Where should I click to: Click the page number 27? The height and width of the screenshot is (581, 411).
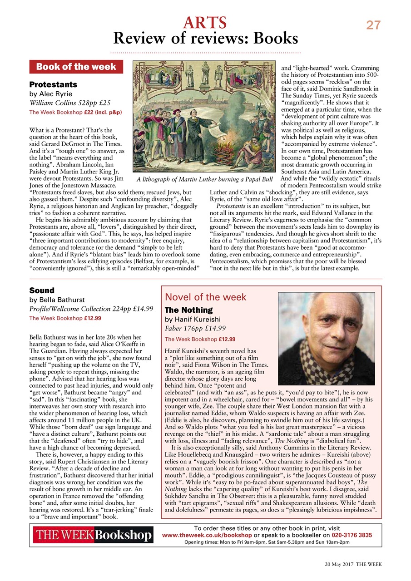(373, 25)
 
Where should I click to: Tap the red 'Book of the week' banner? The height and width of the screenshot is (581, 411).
(76, 67)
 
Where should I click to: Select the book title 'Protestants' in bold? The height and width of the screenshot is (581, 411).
(53, 84)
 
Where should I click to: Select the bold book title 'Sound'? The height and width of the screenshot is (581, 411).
(42, 290)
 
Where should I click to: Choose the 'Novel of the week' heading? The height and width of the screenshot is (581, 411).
(205, 297)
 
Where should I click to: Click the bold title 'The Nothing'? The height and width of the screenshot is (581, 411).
(188, 310)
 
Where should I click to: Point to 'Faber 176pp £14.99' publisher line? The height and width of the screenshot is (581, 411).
(195, 328)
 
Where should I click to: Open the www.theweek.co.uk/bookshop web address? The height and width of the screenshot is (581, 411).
(207, 535)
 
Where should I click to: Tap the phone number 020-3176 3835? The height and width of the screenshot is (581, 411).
(349, 535)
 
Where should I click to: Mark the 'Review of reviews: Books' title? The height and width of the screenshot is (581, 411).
(205, 39)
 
